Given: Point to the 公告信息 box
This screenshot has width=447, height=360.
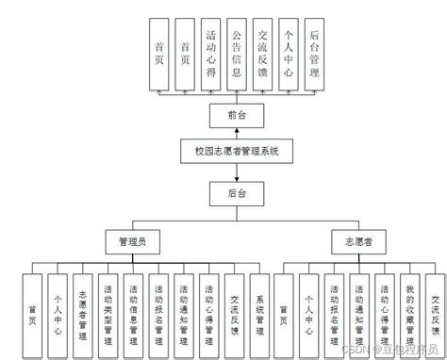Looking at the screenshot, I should [x=236, y=54].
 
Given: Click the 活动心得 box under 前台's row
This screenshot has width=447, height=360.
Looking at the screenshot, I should [x=210, y=54].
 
